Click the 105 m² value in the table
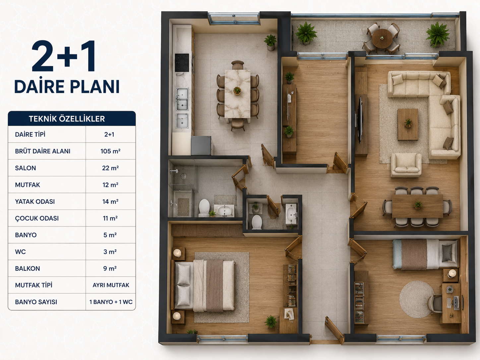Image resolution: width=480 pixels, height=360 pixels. pyautogui.click(x=110, y=151)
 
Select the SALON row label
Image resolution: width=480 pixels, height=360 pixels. pyautogui.click(x=26, y=168)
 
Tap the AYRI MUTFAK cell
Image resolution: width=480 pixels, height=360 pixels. pyautogui.click(x=111, y=285)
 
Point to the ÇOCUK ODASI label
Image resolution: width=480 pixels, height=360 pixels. pyautogui.click(x=37, y=218)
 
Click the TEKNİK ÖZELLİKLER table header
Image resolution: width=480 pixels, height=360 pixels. pyautogui.click(x=67, y=119)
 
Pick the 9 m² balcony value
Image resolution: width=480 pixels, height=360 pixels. pyautogui.click(x=110, y=269)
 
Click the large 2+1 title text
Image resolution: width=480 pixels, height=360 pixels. pyautogui.click(x=64, y=56)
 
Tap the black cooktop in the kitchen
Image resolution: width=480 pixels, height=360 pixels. pyautogui.click(x=182, y=63)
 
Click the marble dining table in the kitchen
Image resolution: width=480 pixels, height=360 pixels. pyautogui.click(x=237, y=94)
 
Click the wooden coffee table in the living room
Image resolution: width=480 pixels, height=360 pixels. pyautogui.click(x=408, y=124)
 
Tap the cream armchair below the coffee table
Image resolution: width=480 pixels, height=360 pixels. pyautogui.click(x=406, y=165)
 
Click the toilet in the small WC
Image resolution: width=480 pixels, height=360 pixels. pyautogui.click(x=257, y=222)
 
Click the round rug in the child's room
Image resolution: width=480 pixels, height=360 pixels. pyautogui.click(x=417, y=299)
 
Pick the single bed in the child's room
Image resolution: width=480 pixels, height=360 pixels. pyautogui.click(x=425, y=254)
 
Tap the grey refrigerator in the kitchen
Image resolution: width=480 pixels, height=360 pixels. pyautogui.click(x=202, y=146)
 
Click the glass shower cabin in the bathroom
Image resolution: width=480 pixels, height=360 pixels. pyautogui.click(x=182, y=177)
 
